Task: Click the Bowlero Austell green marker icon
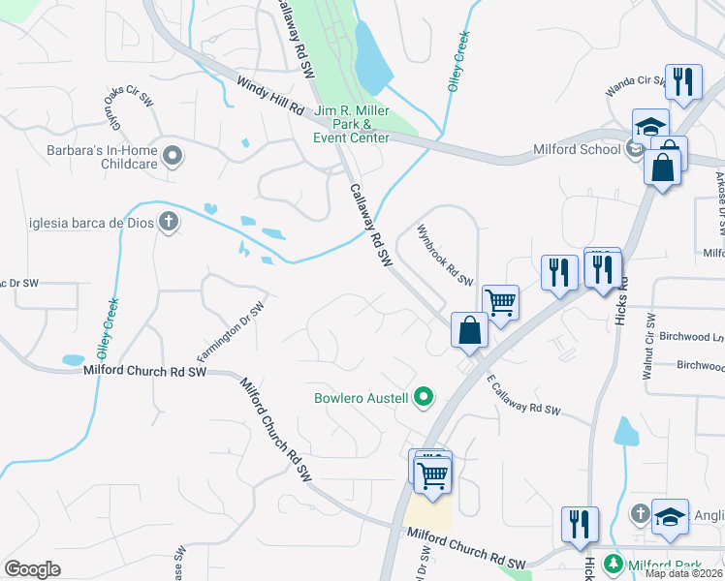[x=423, y=397]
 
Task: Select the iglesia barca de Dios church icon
[x=169, y=222]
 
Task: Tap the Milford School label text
[x=577, y=149]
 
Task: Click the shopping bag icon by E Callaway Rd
[x=469, y=330]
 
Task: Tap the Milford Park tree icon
[x=614, y=564]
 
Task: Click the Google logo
[x=33, y=569]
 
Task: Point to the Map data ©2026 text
[x=684, y=573]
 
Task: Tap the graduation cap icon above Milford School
[x=651, y=127]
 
